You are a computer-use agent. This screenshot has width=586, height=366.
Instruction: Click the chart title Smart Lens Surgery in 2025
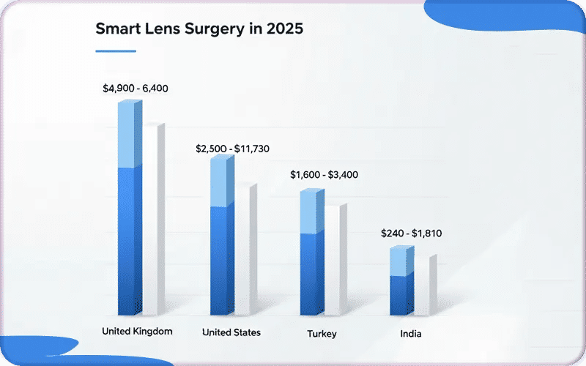[199, 30]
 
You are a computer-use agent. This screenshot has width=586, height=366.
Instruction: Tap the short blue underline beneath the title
[116, 51]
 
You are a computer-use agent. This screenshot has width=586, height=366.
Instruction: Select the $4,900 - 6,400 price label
[136, 89]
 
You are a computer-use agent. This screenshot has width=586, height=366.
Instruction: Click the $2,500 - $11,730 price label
[232, 149]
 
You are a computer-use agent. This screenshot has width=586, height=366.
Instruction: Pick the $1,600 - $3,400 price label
[324, 175]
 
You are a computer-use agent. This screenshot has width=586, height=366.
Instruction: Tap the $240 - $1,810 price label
[411, 234]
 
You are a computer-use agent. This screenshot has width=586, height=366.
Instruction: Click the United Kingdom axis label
[137, 331]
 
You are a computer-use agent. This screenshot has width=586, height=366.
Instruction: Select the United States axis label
[231, 332]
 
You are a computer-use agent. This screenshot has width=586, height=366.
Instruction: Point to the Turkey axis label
[322, 334]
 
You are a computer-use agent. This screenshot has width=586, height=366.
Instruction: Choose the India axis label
[411, 334]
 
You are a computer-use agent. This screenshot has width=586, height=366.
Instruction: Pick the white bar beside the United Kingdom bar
[152, 220]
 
